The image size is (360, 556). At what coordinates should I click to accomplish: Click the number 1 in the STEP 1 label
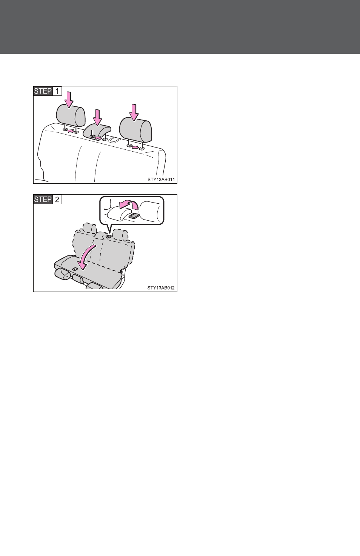point(57,91)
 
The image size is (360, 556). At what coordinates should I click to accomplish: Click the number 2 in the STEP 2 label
point(57,199)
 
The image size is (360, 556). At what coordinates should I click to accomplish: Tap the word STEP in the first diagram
point(43,91)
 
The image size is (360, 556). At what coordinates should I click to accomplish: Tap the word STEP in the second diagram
point(43,199)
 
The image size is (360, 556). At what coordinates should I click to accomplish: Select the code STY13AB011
point(161,180)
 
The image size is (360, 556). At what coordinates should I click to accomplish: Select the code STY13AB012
point(161,288)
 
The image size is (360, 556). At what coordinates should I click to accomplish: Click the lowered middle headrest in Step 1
point(97,131)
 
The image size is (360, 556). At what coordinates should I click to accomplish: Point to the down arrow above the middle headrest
point(98,117)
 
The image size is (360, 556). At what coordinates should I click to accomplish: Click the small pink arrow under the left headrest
point(71,131)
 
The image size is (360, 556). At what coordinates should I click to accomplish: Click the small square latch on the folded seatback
point(74,269)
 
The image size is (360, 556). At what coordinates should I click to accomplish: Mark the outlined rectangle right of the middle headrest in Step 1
point(114,140)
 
